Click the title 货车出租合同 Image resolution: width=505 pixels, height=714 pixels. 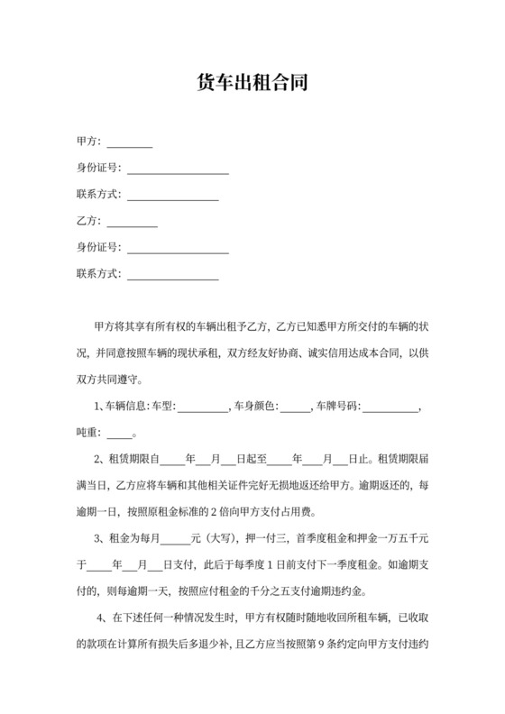(x=252, y=84)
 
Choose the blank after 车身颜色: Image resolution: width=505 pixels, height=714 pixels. (x=294, y=407)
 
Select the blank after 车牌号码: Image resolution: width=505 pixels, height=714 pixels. (x=390, y=407)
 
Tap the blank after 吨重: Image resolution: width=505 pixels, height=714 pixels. (x=119, y=434)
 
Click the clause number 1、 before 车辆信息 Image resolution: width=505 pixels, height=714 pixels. (x=99, y=407)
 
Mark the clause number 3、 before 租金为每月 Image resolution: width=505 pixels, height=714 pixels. (x=99, y=538)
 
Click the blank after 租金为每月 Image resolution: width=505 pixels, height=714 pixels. (x=175, y=539)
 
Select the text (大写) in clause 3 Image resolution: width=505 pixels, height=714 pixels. (x=217, y=538)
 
